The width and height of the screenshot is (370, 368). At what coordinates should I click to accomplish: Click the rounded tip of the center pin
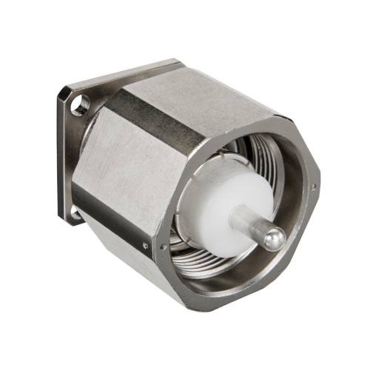[275, 238]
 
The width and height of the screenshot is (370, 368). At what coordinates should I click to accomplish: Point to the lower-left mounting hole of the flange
[74, 214]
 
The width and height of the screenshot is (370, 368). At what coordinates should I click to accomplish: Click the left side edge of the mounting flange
[60, 155]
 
